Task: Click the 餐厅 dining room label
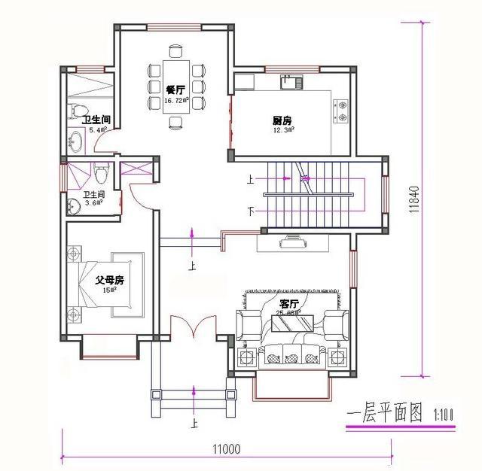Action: point(175,90)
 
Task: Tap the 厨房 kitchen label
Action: point(282,120)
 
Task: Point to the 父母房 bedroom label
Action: point(109,280)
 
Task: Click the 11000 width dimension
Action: point(226,449)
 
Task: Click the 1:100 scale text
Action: point(445,415)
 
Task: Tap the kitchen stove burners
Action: point(341,111)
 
